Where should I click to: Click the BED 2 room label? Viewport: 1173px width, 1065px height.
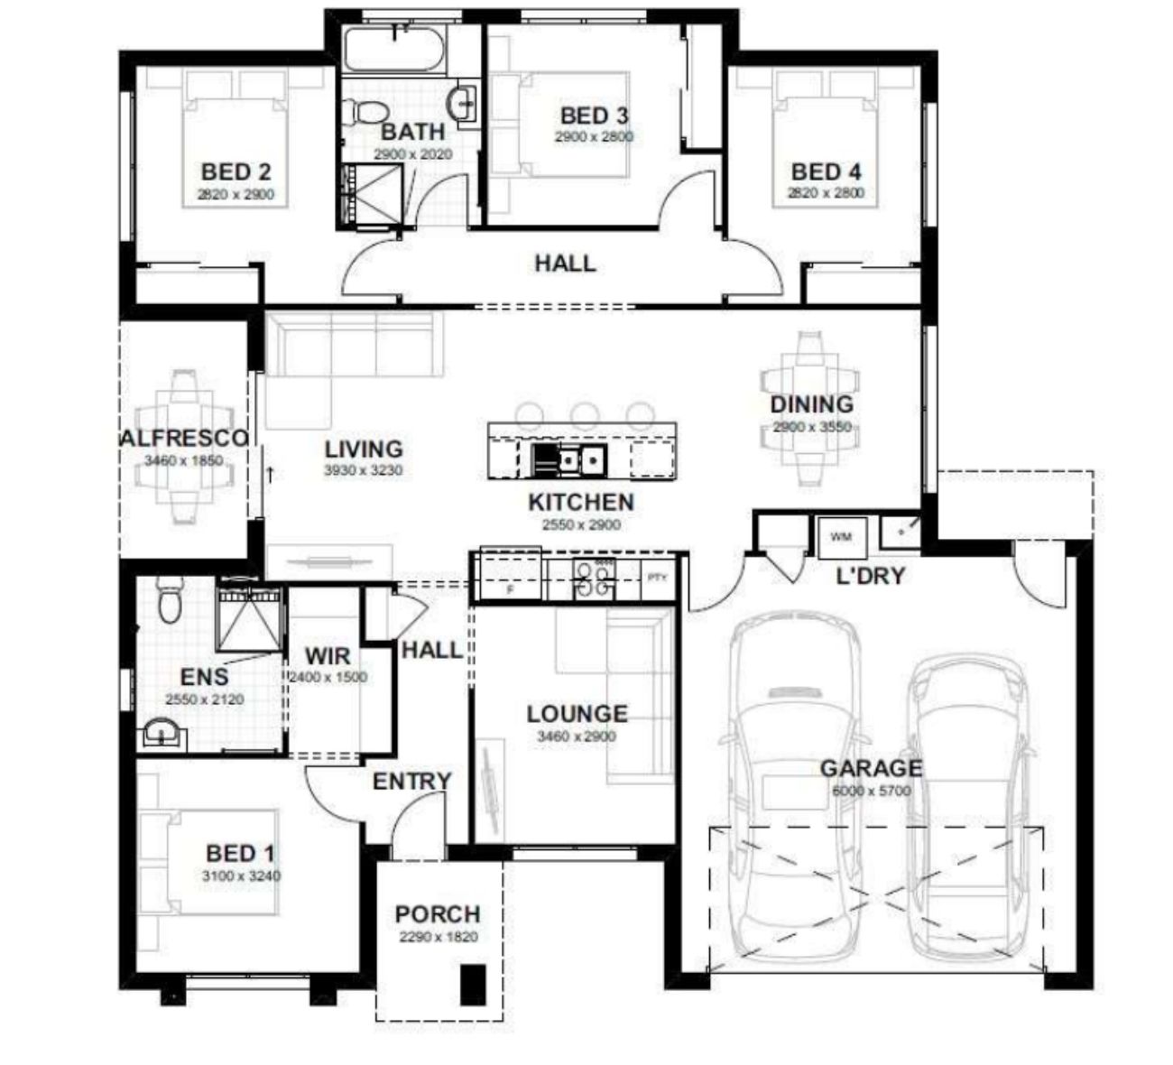coord(236,172)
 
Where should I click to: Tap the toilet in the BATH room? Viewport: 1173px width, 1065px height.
coord(365,111)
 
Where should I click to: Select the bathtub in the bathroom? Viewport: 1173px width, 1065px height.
coord(395,51)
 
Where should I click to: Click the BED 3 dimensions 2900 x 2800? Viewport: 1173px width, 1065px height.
coord(594,137)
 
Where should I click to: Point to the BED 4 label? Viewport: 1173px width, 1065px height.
coord(826,172)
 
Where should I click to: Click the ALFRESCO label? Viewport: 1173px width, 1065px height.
coord(184,438)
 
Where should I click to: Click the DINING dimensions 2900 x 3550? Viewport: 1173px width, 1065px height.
coord(812,427)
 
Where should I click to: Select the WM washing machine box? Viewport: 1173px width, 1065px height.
coord(842,538)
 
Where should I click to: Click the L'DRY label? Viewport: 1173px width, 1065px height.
coord(871,577)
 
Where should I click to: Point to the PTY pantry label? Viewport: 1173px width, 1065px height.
coord(657,578)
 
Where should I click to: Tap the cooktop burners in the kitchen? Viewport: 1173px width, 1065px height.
coord(594,579)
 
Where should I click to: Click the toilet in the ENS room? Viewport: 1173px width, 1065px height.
coord(171,600)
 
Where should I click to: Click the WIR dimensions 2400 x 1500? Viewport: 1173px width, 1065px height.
coord(328,678)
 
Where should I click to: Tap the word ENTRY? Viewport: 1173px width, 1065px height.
coord(412,782)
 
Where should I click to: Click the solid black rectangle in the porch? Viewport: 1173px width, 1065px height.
coord(473,986)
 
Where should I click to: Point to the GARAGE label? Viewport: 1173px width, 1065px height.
coord(872,768)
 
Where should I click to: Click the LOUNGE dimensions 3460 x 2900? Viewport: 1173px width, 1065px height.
coord(577,736)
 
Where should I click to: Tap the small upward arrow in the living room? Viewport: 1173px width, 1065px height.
coord(270,475)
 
